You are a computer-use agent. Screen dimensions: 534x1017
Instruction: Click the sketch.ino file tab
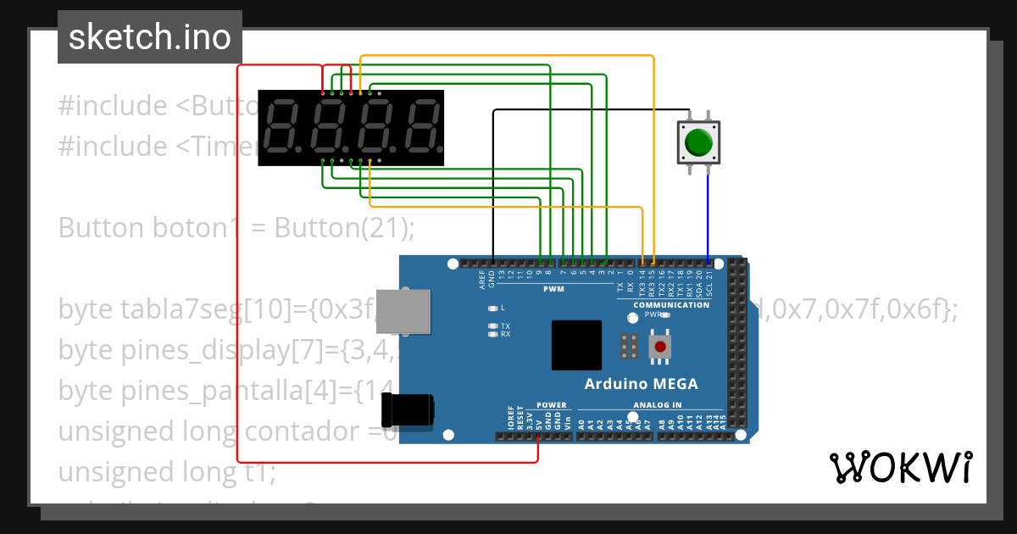coord(149,37)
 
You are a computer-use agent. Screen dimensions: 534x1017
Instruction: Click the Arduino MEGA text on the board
coord(641,384)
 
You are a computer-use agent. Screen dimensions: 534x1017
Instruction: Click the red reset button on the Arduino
coord(659,346)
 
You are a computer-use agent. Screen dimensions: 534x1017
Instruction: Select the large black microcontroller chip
coord(576,345)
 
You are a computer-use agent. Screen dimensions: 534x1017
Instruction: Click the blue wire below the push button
coord(709,216)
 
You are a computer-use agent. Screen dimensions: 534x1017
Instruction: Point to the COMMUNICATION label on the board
coord(671,305)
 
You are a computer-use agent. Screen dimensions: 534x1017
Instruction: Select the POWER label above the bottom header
coord(552,405)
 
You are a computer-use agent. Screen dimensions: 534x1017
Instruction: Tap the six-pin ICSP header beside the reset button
coord(629,346)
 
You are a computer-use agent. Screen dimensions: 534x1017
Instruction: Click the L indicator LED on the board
coord(492,308)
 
